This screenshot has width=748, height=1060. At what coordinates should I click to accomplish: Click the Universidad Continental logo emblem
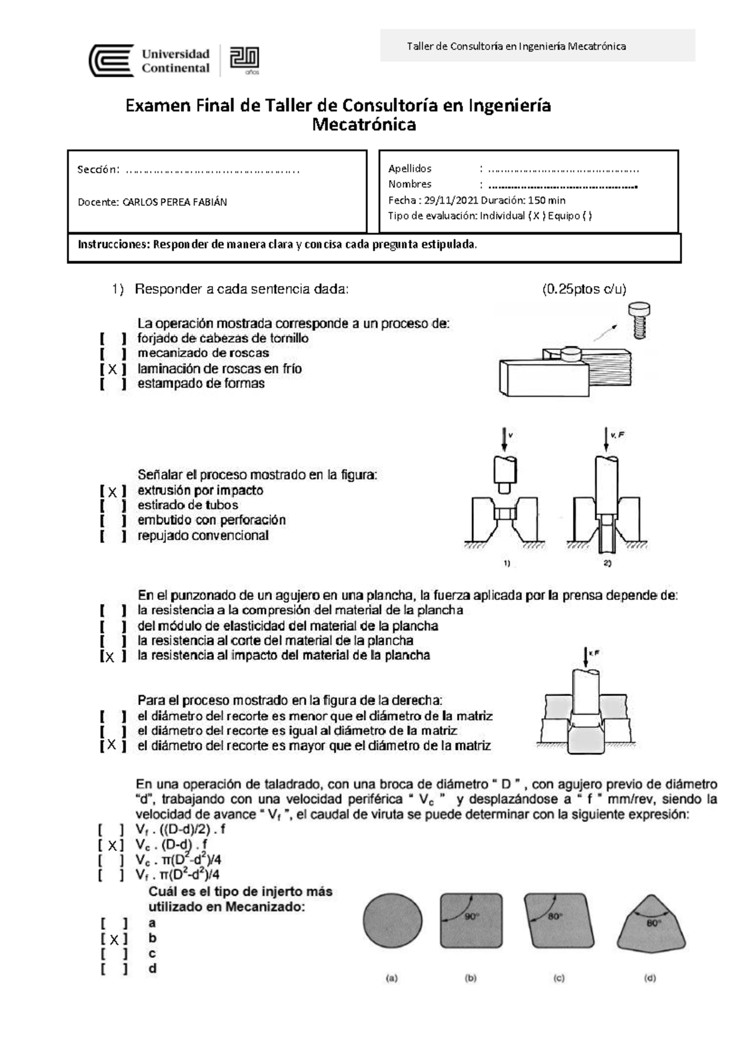click(x=112, y=60)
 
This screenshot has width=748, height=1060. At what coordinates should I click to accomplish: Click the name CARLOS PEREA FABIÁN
click(x=174, y=202)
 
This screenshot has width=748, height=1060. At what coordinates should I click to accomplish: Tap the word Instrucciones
click(x=110, y=244)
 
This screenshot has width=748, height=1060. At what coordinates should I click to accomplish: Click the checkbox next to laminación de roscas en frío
click(x=112, y=369)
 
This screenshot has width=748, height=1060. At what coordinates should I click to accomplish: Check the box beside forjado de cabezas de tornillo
click(x=112, y=339)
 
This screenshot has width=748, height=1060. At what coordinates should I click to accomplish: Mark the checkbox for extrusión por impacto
click(x=112, y=491)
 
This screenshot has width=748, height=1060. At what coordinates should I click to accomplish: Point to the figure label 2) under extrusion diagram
click(x=608, y=564)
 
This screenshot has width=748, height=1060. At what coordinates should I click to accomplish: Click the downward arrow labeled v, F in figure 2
click(x=605, y=439)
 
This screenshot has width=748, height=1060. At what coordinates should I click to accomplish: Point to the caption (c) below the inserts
click(x=559, y=978)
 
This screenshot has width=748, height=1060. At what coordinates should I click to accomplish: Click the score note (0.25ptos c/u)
click(x=584, y=289)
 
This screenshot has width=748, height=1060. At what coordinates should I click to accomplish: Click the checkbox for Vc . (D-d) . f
click(x=112, y=846)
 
